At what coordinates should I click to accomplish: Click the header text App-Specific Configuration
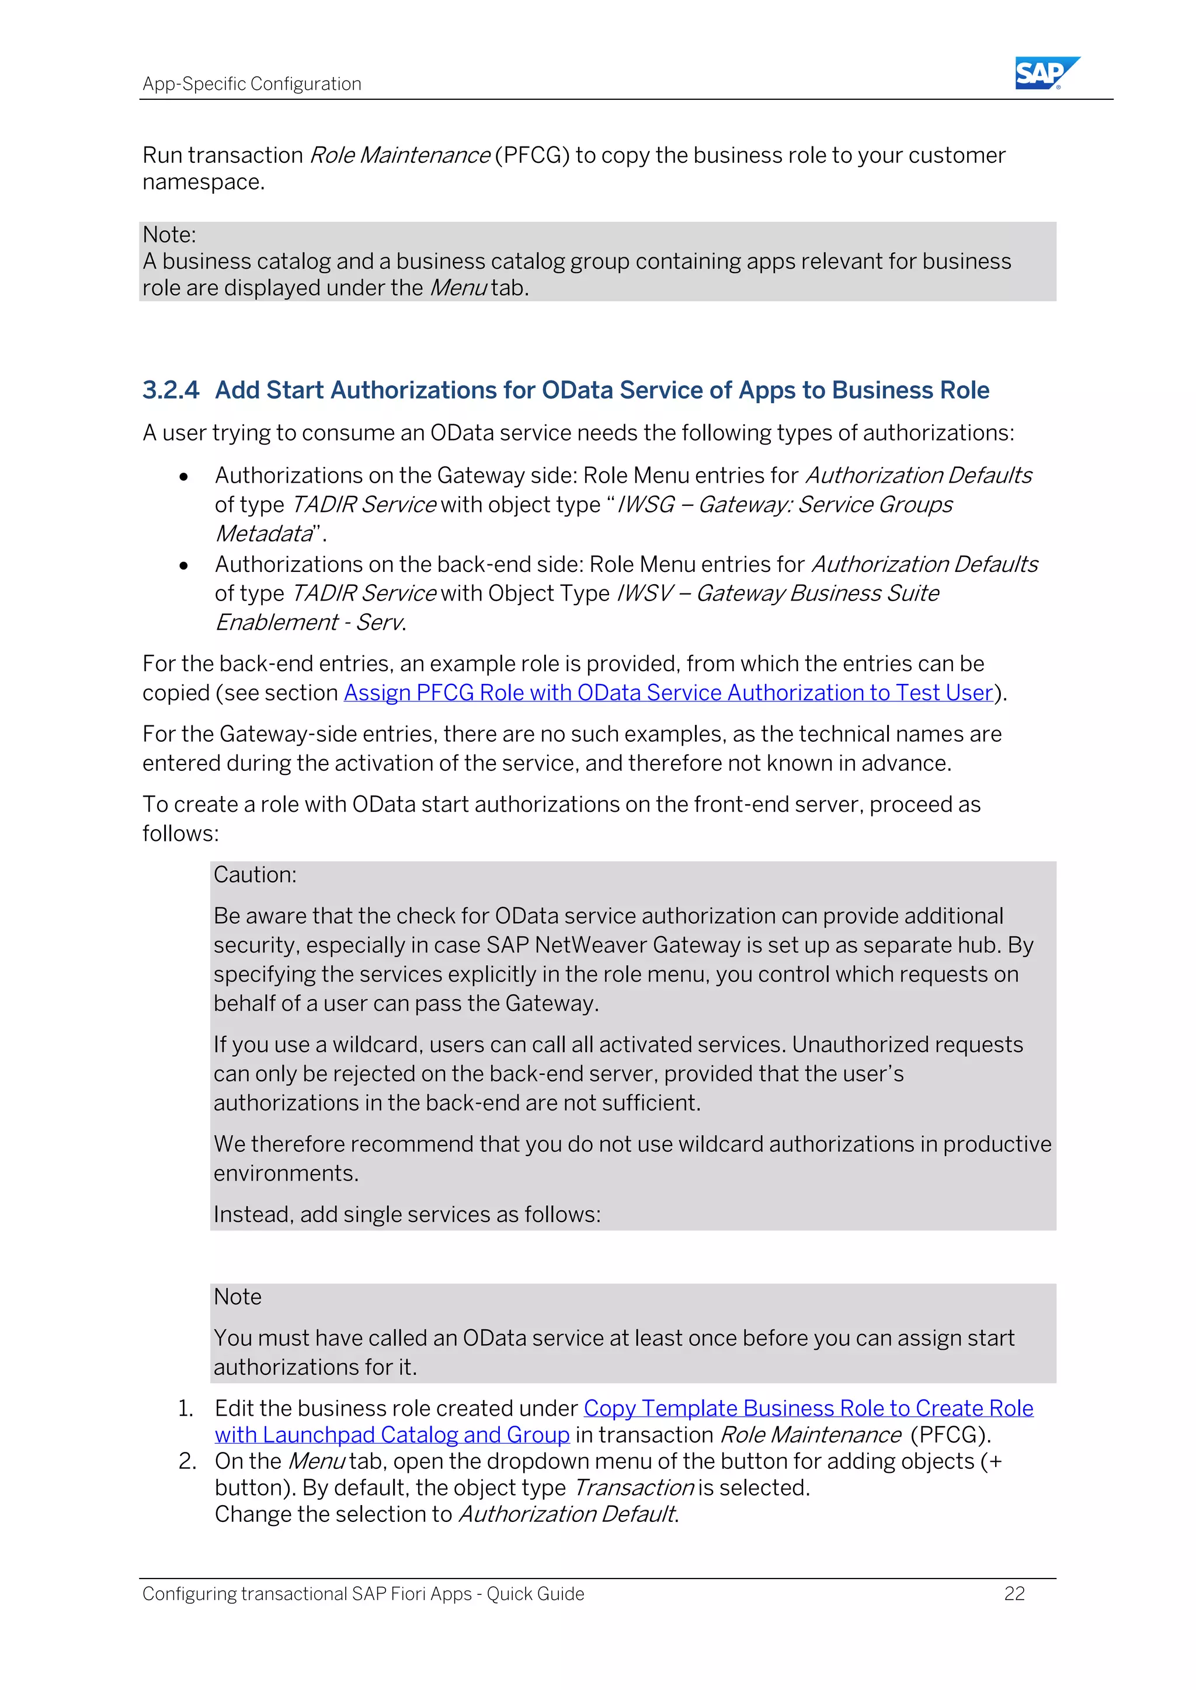coord(252,84)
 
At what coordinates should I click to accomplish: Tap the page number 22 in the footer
coord(1014,1594)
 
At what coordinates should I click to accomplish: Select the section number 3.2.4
coord(170,390)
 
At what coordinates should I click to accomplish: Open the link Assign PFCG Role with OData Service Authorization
coord(668,693)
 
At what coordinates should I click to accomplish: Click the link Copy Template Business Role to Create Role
coord(808,1408)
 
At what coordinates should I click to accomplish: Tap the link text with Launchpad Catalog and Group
coord(392,1436)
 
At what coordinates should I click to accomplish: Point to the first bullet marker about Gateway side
coord(183,477)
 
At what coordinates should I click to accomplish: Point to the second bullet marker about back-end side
coord(183,565)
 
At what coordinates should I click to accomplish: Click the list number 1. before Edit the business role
coord(186,1409)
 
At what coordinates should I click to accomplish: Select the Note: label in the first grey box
coord(169,235)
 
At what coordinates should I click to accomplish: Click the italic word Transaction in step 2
coord(632,1488)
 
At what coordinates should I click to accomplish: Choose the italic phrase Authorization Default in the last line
coord(567,1515)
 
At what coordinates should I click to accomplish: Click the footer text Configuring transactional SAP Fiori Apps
coord(363,1594)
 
